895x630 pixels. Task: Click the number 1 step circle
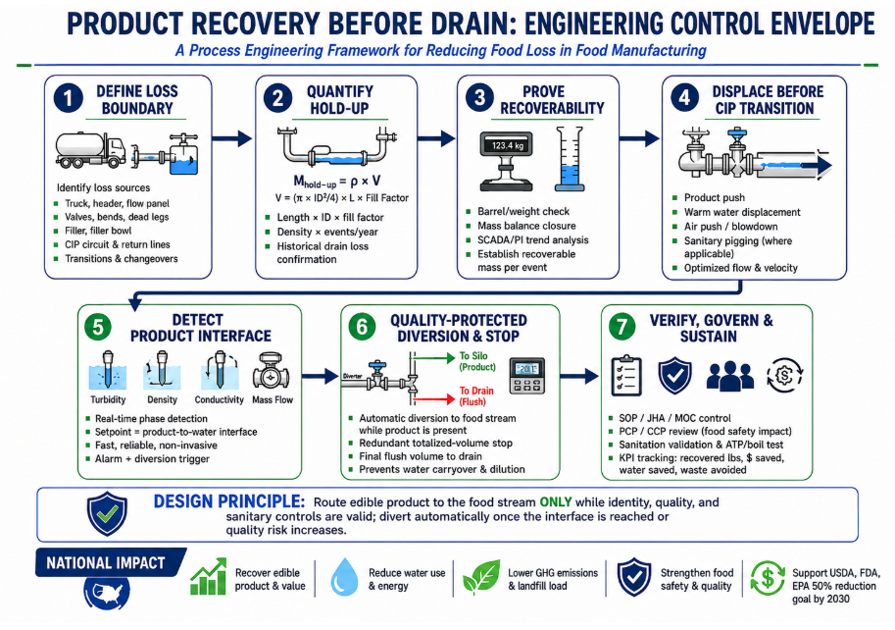69,98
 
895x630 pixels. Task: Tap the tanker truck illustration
91,150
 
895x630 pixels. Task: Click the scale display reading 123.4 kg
507,145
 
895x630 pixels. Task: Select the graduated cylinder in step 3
570,159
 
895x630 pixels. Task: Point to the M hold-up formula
337,182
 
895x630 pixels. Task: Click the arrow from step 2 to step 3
436,138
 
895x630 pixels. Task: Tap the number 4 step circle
684,98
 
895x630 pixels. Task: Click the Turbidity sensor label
108,399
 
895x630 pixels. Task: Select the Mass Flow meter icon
272,371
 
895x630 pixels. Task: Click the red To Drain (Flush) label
476,395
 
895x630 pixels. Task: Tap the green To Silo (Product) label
477,361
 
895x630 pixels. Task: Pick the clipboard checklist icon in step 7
626,375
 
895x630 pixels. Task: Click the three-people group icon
730,376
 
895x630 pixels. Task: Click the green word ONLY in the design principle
556,502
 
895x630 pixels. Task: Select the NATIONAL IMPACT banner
110,562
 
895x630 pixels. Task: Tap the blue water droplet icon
344,577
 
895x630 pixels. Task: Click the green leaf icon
481,577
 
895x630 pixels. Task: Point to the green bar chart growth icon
209,577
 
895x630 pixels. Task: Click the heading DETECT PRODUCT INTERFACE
200,328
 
